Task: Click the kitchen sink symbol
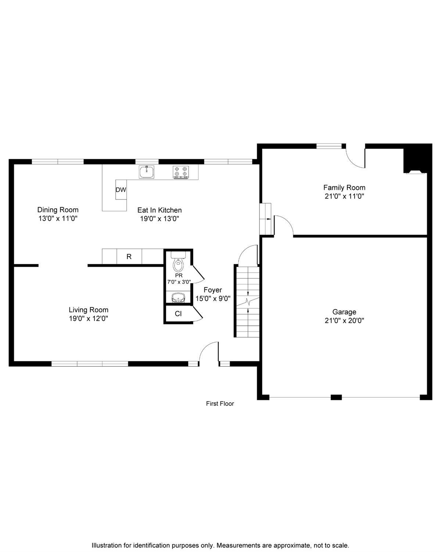click(x=147, y=172)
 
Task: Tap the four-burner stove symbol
click(x=181, y=172)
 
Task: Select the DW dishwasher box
click(x=121, y=190)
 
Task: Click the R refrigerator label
click(x=129, y=256)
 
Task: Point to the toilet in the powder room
click(x=178, y=262)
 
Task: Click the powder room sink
click(x=178, y=298)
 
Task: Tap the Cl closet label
click(x=178, y=314)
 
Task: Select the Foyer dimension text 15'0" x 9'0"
click(x=213, y=298)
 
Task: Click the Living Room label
click(x=89, y=310)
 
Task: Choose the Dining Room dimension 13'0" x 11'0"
click(x=58, y=219)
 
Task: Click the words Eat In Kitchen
click(x=159, y=210)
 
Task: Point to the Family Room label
click(x=344, y=188)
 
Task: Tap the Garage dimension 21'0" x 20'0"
click(x=344, y=321)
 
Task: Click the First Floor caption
click(x=220, y=403)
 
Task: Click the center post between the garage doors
click(x=336, y=397)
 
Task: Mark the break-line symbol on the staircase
click(x=248, y=301)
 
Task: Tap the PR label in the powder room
click(x=179, y=276)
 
